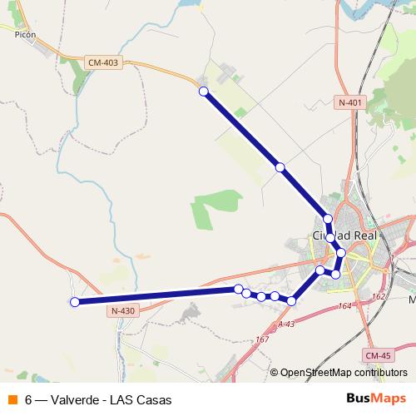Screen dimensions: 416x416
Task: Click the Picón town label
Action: coord(25,35)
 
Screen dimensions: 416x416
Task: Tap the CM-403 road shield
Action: coord(102,62)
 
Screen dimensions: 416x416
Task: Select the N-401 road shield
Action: coord(350,102)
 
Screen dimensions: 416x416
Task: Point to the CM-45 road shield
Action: coord(377,356)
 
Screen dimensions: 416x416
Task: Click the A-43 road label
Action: coord(287,324)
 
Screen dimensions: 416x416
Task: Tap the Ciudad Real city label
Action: coord(344,235)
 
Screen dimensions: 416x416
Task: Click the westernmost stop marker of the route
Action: coord(74,302)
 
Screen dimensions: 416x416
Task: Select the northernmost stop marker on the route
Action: coord(203,92)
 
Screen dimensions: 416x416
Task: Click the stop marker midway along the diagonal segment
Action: coord(280,168)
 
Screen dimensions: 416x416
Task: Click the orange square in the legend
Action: coord(12,399)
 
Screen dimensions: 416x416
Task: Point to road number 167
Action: coord(263,339)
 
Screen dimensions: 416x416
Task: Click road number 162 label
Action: coord(379,295)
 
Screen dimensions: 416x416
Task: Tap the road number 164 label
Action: coord(346,307)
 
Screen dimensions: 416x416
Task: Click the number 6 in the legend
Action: coord(29,399)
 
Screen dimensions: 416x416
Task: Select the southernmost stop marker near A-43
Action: coord(291,300)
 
